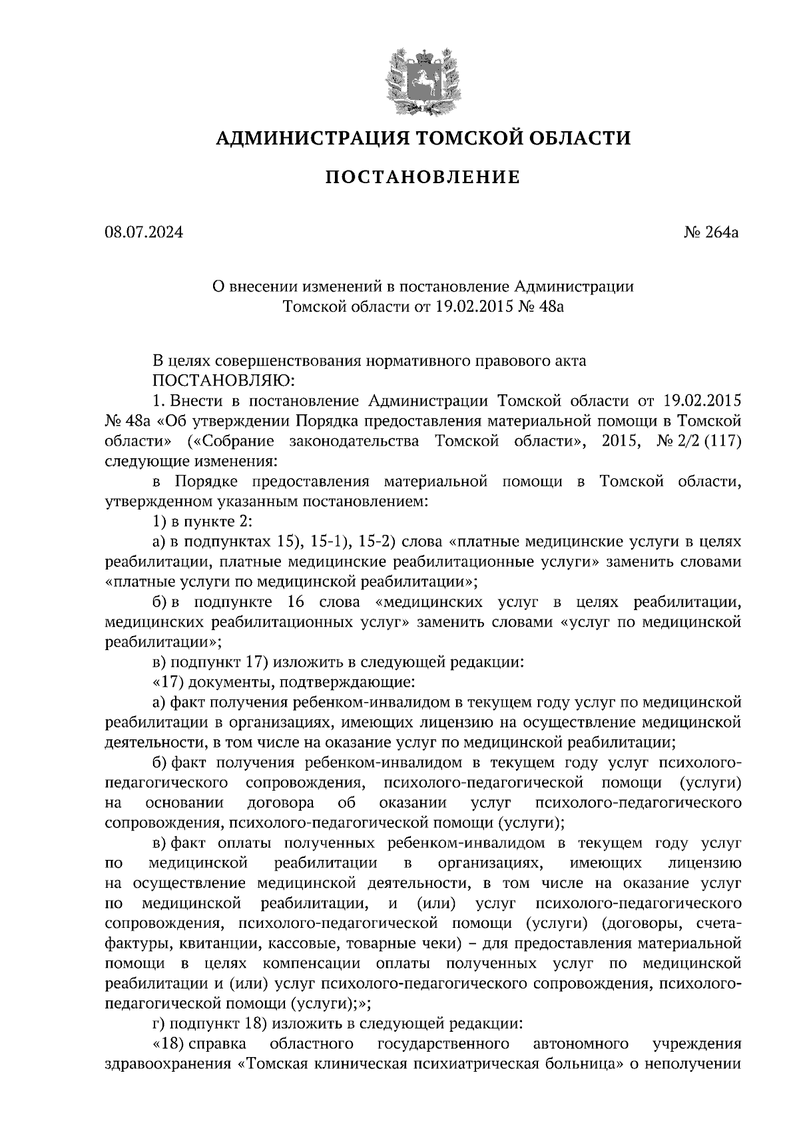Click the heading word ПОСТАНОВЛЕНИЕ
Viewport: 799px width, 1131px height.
pos(423,178)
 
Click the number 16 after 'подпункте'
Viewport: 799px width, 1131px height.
pos(297,602)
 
